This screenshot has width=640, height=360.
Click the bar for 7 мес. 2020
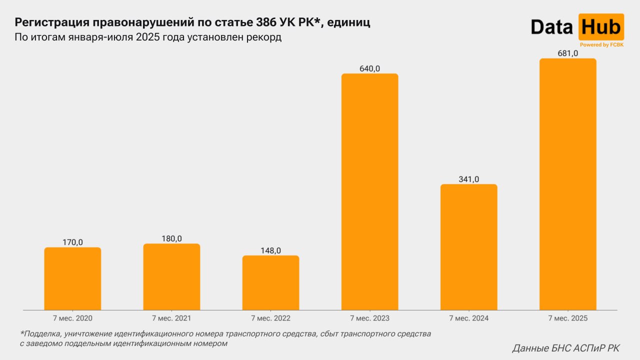point(72,278)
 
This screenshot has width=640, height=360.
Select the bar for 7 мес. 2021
point(171,276)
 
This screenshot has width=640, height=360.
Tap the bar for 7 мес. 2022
point(270,282)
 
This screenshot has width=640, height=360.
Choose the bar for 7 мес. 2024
point(468,247)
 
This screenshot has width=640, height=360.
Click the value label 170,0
point(72,242)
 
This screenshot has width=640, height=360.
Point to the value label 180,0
point(171,238)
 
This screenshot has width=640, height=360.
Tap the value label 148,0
point(270,250)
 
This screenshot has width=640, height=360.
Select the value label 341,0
point(468,179)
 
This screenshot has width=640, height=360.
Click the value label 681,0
point(567,53)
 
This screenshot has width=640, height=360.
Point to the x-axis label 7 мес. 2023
point(369,318)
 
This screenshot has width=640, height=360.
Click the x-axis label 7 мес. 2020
point(72,318)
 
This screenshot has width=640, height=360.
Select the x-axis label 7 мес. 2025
point(567,318)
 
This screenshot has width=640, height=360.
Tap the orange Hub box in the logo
point(600,26)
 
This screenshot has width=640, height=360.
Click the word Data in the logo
point(551,27)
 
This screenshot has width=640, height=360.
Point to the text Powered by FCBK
point(601,44)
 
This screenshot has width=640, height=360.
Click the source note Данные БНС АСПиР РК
point(565,348)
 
